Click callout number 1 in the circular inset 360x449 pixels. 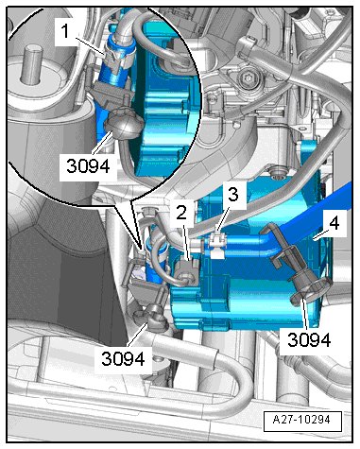pos(65,31)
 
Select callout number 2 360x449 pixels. pos(181,214)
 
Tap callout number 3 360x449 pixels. pos(233,195)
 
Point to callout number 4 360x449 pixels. pos(334,223)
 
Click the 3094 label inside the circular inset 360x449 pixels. pos(88,165)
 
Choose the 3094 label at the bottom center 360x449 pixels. pos(123,358)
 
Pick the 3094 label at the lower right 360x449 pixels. pos(309,340)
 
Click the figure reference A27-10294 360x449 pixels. pos(302,420)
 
